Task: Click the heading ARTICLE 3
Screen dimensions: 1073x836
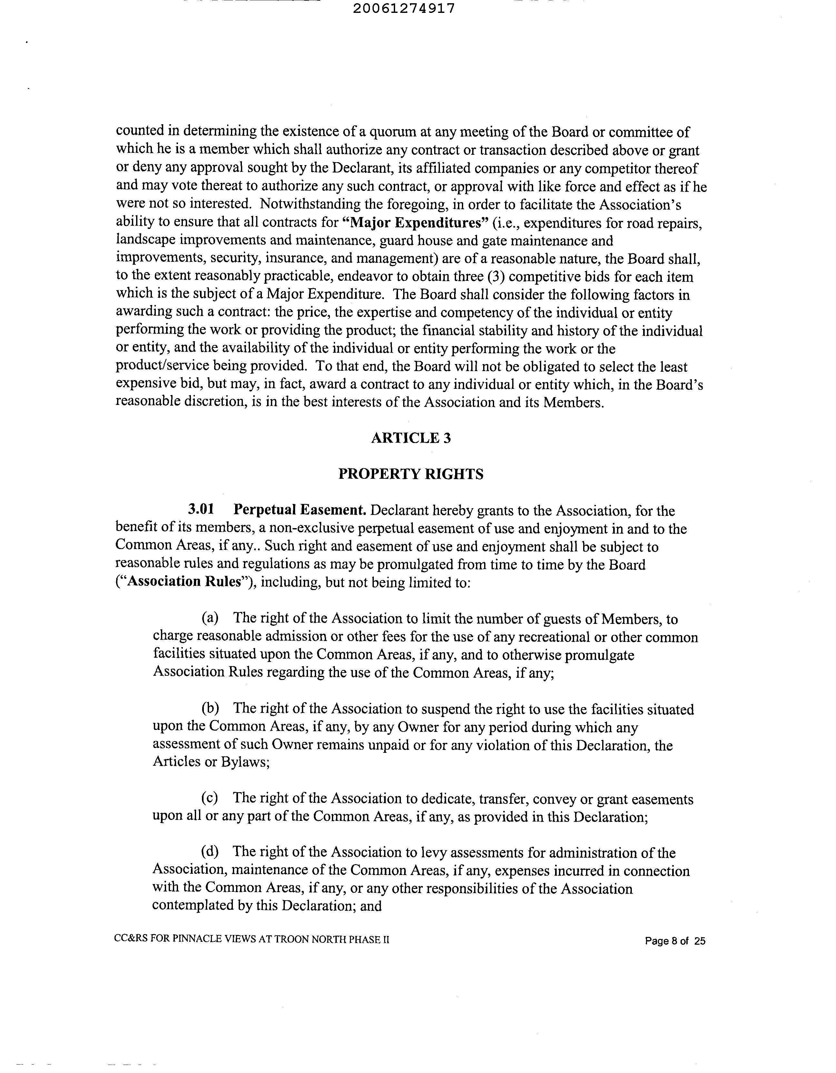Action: (x=411, y=438)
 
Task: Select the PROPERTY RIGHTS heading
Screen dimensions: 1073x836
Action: (x=411, y=474)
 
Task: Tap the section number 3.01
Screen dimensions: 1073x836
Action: (x=201, y=510)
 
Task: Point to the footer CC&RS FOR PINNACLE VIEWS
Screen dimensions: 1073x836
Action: (x=252, y=940)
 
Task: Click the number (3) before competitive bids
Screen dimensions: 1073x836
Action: (x=499, y=277)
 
